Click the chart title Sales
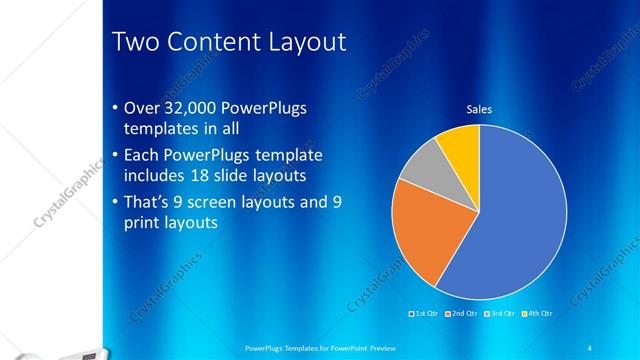coord(479,110)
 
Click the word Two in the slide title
coord(136,42)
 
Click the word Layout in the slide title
coord(305,42)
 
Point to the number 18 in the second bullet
coord(204,176)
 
